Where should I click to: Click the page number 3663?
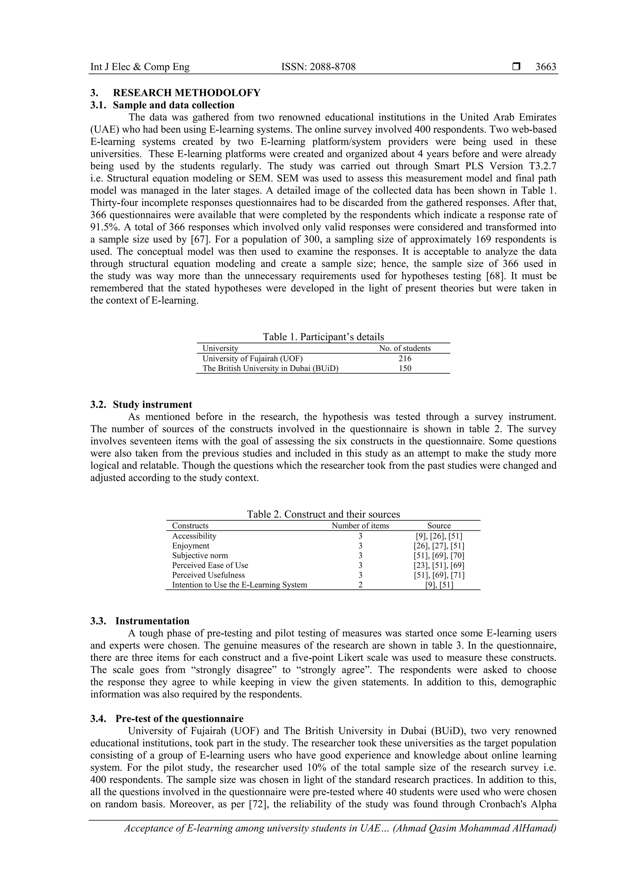(545, 67)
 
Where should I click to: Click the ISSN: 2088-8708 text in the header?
(318, 67)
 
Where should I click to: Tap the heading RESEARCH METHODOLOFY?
(186, 93)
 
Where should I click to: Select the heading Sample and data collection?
(173, 105)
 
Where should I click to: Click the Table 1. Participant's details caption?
(323, 337)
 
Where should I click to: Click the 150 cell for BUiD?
(405, 368)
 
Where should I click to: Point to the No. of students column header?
(405, 349)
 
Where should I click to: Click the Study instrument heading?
(152, 405)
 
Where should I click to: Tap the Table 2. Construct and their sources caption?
(323, 514)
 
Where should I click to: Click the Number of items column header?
(360, 526)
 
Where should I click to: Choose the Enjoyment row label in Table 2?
(191, 546)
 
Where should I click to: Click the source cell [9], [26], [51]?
(439, 536)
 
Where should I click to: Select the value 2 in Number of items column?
(360, 585)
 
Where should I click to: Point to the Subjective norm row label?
(200, 556)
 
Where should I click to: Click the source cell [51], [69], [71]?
(439, 575)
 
